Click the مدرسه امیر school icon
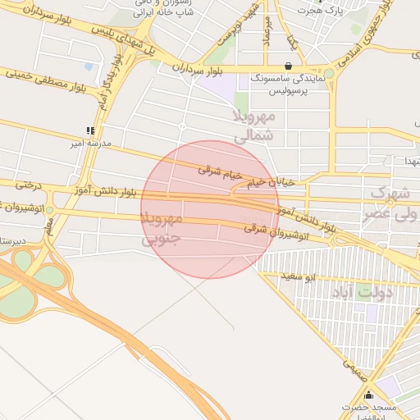90,130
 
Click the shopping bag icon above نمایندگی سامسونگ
287,66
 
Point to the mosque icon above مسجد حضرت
368,395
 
